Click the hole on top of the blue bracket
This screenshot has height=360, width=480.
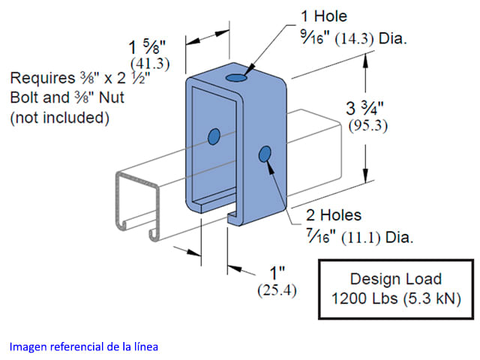click(x=238, y=77)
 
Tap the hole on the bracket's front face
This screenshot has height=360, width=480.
click(x=214, y=136)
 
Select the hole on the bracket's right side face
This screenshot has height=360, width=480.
click(x=264, y=154)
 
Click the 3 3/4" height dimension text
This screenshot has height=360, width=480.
click(x=367, y=107)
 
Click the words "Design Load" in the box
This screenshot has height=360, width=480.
click(x=396, y=279)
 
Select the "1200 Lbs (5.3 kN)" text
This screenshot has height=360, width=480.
click(x=396, y=299)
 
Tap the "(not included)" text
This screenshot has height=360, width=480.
click(x=60, y=117)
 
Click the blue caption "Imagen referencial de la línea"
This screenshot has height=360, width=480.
click(x=84, y=346)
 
